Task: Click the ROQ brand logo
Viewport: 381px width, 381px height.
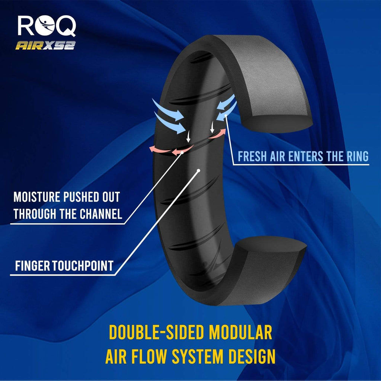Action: tap(47, 26)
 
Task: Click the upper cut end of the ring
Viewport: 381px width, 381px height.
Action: tap(275, 123)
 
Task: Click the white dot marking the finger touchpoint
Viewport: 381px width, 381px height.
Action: tap(199, 170)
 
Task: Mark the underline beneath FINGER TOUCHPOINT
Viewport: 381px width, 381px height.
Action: tap(61, 275)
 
